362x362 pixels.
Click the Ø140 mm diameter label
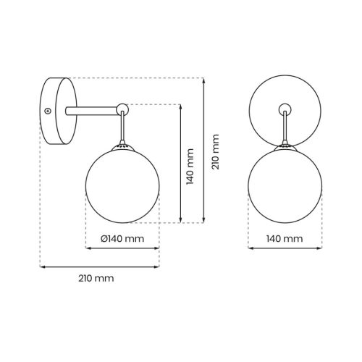[122, 239]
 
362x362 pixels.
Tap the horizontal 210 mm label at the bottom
[96, 278]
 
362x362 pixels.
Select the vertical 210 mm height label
[215, 152]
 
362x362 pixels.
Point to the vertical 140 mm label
[190, 167]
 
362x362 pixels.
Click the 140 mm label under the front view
[285, 239]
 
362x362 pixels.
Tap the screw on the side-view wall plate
[49, 111]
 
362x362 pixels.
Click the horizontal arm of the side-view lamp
[91, 111]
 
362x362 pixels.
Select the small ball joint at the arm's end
[122, 109]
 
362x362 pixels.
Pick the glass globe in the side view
[122, 185]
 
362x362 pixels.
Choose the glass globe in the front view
[285, 185]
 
